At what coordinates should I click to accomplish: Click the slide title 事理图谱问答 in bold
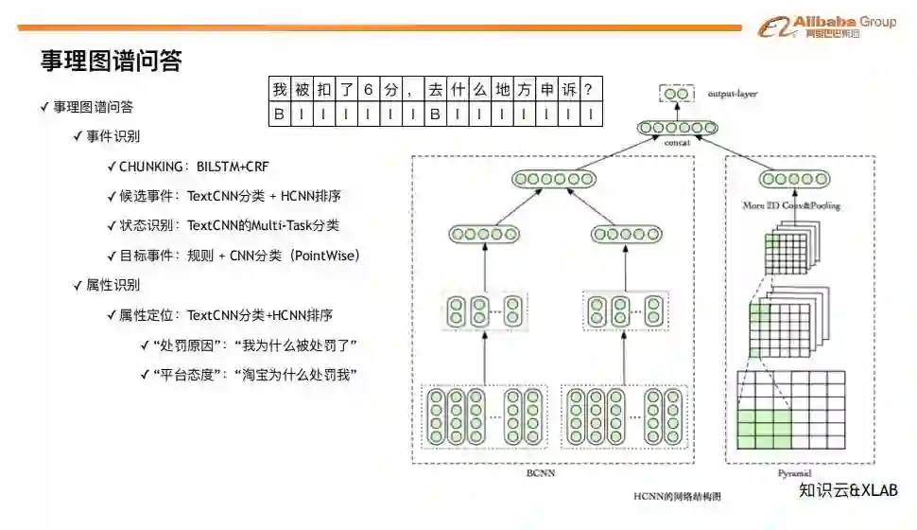click(111, 62)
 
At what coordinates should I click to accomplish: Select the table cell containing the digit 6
click(369, 91)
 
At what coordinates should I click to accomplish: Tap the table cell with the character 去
click(435, 91)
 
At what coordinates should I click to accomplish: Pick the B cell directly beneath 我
click(279, 115)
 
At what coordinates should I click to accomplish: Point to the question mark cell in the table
click(590, 91)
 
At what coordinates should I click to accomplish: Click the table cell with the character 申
click(546, 91)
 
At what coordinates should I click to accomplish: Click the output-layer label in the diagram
click(733, 94)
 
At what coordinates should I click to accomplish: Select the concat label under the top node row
click(677, 142)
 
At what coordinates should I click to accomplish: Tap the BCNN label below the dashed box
click(540, 473)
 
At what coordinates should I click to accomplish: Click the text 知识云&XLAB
click(848, 491)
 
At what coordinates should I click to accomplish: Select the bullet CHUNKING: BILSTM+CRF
click(194, 167)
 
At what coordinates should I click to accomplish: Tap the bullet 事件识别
click(112, 136)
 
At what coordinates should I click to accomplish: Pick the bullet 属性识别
click(112, 285)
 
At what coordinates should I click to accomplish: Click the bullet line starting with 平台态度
click(253, 375)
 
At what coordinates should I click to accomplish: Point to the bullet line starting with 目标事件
click(239, 256)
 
